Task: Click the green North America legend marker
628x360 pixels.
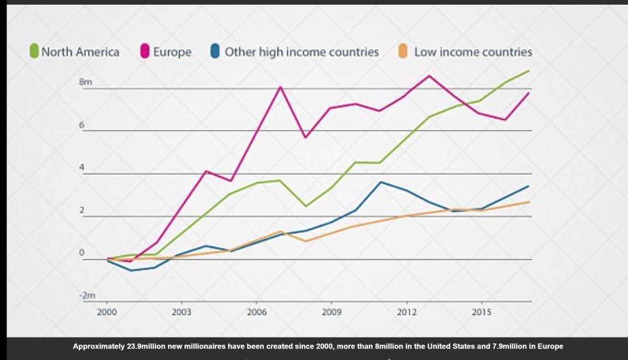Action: [x=34, y=52]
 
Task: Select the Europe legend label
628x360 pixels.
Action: [x=172, y=52]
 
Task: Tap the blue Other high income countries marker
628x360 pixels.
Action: [x=215, y=52]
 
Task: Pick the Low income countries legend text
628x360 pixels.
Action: [x=473, y=52]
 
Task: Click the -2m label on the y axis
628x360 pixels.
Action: [x=86, y=296]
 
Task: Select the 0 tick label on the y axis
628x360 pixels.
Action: [x=82, y=253]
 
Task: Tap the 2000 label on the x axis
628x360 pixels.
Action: [x=107, y=312]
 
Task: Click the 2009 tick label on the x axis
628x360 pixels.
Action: [x=331, y=312]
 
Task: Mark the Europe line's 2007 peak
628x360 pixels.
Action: [x=281, y=87]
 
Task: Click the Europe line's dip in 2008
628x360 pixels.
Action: [x=305, y=137]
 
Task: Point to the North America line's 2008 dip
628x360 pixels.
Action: [x=305, y=206]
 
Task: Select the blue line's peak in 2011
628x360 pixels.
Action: [x=380, y=182]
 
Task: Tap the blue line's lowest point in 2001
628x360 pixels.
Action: [x=131, y=271]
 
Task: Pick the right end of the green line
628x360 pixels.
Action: [x=529, y=71]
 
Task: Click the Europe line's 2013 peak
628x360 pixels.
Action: [x=430, y=76]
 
